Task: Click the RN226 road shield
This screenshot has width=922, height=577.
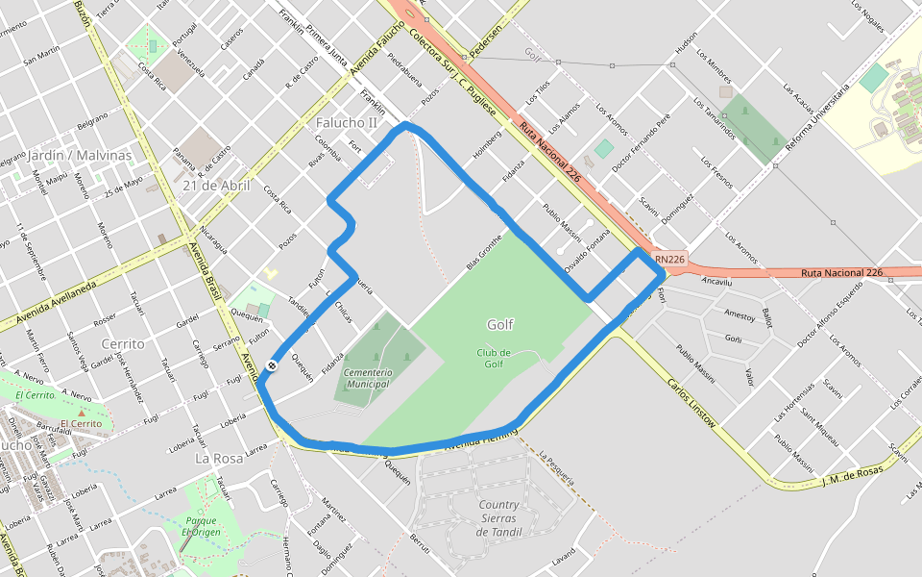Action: [x=670, y=259]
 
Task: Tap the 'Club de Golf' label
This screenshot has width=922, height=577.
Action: [x=494, y=358]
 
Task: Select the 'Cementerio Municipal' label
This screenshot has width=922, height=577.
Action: [x=366, y=378]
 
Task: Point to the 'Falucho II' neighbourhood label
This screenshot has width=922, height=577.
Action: [x=347, y=123]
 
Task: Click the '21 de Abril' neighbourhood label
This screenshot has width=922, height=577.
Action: [x=216, y=186]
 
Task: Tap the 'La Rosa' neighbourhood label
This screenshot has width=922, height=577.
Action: [x=219, y=459]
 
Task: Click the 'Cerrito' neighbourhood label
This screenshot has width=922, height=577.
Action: [x=122, y=343]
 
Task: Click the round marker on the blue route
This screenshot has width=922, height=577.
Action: [x=273, y=365]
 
